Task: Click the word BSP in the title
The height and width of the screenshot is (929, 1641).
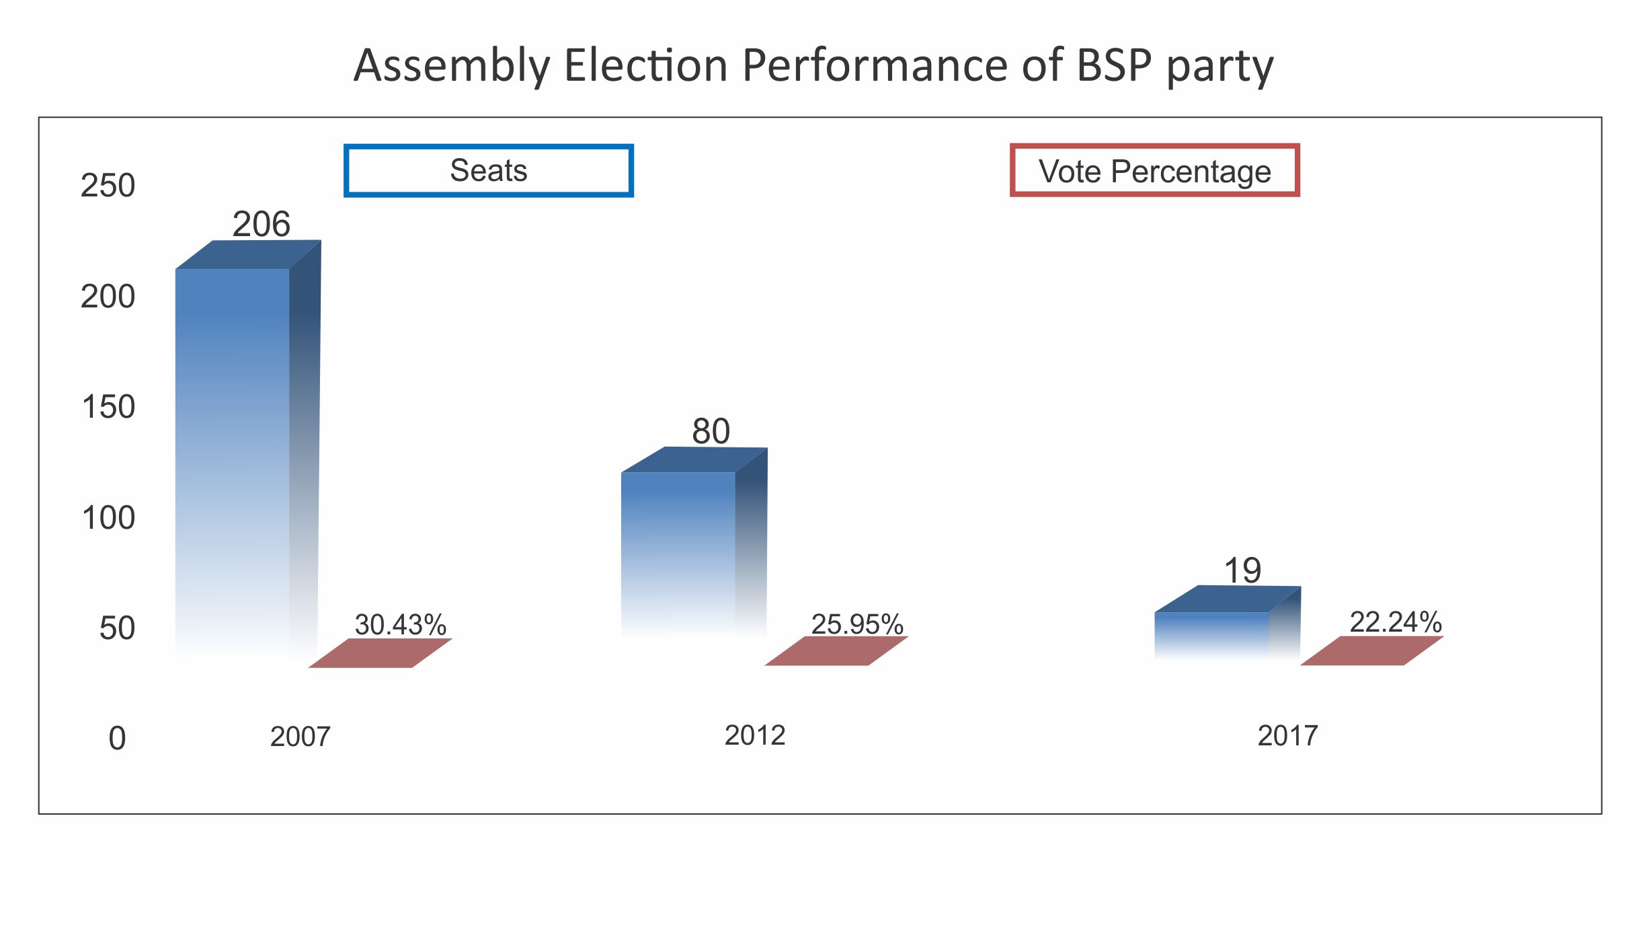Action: tap(1114, 65)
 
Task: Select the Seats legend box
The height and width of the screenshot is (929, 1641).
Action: tap(489, 170)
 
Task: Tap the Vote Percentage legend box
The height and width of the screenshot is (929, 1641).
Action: tap(1154, 171)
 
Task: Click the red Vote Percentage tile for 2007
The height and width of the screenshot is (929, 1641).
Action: tap(381, 653)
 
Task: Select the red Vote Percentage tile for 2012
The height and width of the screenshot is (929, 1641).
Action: tap(836, 651)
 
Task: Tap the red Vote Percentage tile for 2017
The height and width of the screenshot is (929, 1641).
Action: tap(1372, 651)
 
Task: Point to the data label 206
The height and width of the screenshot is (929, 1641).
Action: tap(261, 224)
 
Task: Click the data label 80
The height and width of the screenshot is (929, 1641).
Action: tap(711, 431)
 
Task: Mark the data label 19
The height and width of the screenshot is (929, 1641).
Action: tap(1242, 571)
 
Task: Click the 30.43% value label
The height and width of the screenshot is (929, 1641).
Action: tap(400, 625)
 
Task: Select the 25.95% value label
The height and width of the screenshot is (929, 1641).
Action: tap(857, 624)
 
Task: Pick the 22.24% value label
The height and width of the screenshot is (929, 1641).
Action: tap(1396, 622)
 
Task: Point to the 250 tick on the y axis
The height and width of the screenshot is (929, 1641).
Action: tap(108, 186)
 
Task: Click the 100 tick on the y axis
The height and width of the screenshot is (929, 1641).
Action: tap(108, 518)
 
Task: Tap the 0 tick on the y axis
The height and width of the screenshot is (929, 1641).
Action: tap(117, 739)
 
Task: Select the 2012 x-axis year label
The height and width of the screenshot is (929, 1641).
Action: tap(754, 735)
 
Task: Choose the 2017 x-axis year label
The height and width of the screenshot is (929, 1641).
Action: tap(1287, 736)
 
